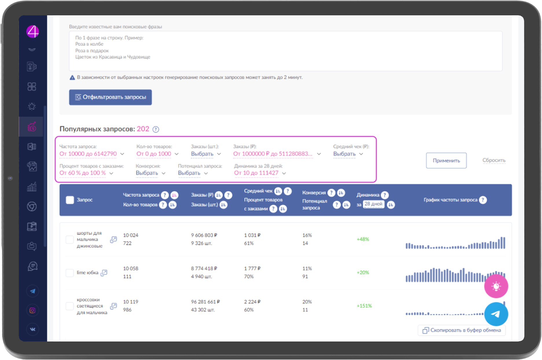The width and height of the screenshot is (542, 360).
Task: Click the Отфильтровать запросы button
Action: pyautogui.click(x=110, y=97)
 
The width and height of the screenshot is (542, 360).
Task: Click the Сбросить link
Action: pyautogui.click(x=494, y=160)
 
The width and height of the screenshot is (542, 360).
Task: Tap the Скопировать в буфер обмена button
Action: pyautogui.click(x=462, y=330)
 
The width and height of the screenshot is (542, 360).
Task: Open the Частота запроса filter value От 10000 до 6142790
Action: pyautogui.click(x=88, y=154)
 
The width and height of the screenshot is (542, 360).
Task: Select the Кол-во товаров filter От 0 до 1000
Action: pyautogui.click(x=154, y=154)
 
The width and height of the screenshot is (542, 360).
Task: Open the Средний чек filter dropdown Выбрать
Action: pyautogui.click(x=344, y=154)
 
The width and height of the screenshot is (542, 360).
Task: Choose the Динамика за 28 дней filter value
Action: pyautogui.click(x=256, y=173)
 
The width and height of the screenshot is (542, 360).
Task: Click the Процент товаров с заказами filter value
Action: pyautogui.click(x=82, y=173)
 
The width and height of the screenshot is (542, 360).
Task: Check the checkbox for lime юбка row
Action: pyautogui.click(x=70, y=273)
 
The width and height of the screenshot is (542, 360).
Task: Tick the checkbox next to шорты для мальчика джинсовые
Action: pyautogui.click(x=70, y=239)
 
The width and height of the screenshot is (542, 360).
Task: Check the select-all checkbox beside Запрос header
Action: pyautogui.click(x=70, y=200)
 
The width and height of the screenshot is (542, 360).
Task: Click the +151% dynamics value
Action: pyautogui.click(x=364, y=306)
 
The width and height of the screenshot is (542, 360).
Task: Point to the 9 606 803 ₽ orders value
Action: pyautogui.click(x=204, y=235)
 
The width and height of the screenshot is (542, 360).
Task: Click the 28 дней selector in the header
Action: pyautogui.click(x=373, y=204)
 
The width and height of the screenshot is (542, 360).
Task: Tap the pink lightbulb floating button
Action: pyautogui.click(x=496, y=286)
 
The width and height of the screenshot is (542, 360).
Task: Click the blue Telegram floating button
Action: pyautogui.click(x=496, y=314)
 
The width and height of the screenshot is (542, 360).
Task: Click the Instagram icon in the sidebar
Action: pyautogui.click(x=32, y=310)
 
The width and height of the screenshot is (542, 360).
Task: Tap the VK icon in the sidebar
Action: pyautogui.click(x=32, y=329)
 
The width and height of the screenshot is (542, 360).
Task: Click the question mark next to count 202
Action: pyautogui.click(x=156, y=129)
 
